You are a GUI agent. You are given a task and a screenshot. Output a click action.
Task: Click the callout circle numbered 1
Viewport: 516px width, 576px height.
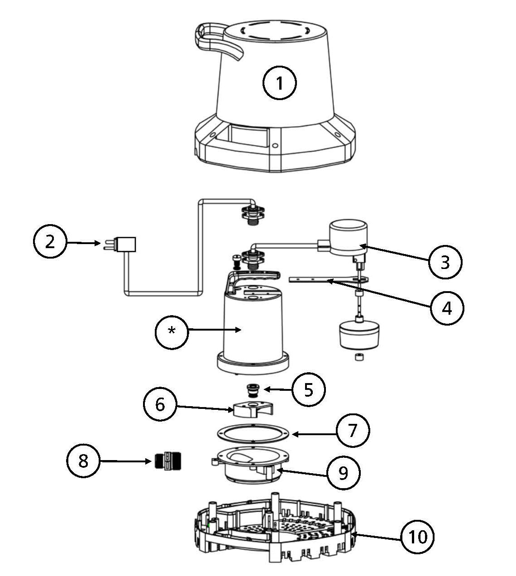(280, 83)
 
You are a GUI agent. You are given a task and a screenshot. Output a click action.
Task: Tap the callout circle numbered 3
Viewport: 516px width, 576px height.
(445, 261)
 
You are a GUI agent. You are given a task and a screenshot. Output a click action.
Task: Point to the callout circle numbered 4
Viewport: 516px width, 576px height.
(447, 308)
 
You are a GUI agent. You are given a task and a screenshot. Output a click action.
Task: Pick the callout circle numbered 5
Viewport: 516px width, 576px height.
(309, 389)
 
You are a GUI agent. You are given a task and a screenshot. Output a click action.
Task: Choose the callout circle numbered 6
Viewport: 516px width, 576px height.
(160, 404)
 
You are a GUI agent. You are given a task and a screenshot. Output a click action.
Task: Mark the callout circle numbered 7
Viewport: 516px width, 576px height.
(353, 430)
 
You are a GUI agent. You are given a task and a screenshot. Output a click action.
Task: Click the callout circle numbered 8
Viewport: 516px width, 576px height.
(84, 461)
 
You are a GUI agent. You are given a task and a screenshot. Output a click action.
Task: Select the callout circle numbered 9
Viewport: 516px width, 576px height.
(344, 473)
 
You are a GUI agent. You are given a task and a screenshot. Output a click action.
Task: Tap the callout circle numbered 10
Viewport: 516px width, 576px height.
(417, 537)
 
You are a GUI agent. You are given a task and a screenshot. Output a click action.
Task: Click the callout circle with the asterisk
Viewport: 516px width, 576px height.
(172, 331)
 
